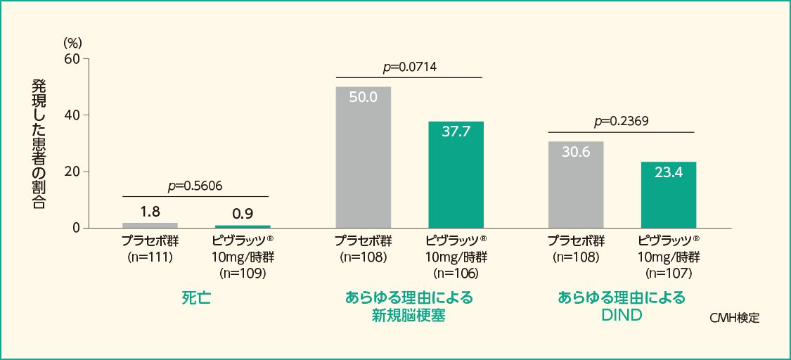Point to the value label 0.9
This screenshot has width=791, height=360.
coord(243,213)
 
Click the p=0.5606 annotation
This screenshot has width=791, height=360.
coord(195,186)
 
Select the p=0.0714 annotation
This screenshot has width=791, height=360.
coord(409,67)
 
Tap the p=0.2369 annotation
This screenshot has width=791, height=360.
coord(621,121)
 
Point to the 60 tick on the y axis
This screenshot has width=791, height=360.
coord(72,58)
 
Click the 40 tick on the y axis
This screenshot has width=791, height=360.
coord(72,115)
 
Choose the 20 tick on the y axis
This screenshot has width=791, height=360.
coord(72,172)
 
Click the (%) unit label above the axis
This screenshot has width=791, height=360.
coord(72,44)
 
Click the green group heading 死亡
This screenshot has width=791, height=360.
coord(196,297)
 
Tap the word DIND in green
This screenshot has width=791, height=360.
coord(622,315)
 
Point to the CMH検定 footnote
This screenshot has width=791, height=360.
coord(734,318)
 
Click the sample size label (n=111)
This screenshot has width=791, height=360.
coord(150,257)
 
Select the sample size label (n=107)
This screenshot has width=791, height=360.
coord(669,272)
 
